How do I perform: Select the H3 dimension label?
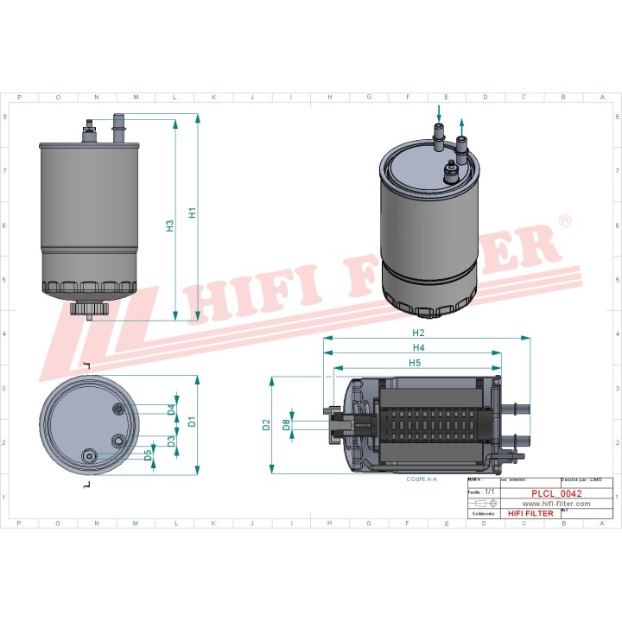pos(170,226)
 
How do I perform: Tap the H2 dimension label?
pos(418,333)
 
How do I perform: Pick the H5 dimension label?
pos(415,364)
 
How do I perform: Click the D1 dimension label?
pos(193,423)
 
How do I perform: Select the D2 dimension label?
pos(267,425)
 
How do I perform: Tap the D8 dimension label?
pos(286,424)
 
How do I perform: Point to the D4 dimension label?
pos(171,409)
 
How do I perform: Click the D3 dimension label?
pos(171,441)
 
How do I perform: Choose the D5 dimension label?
pos(148,454)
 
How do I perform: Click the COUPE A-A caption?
pos(422,478)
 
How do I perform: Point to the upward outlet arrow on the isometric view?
pos(462,125)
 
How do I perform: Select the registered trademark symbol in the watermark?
pos(565,222)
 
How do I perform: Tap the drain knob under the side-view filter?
pos(90,308)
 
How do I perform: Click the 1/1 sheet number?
pos(490,491)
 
